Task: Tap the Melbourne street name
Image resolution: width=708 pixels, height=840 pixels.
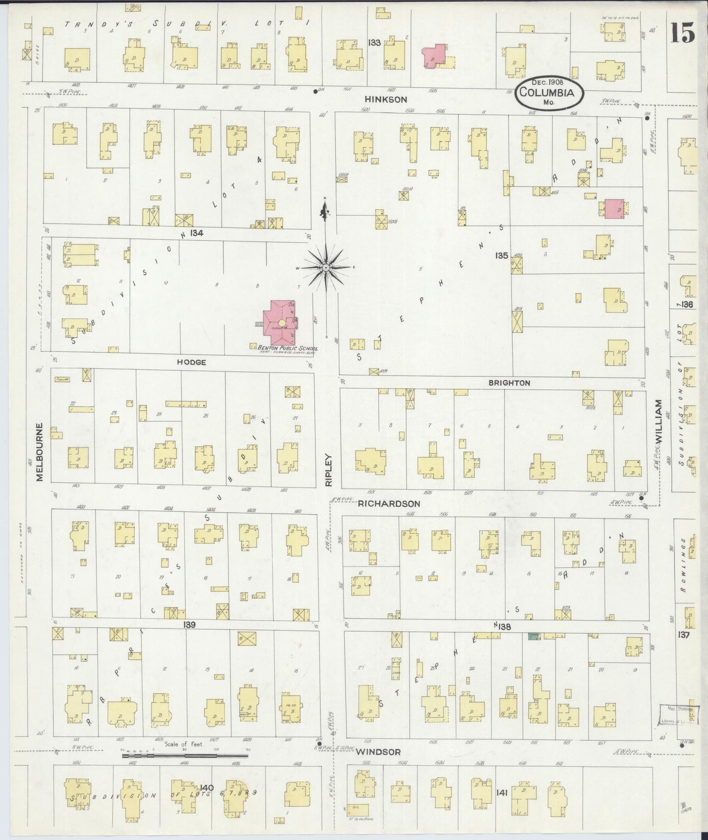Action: point(40,452)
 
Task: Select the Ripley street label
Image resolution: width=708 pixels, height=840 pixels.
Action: point(329,469)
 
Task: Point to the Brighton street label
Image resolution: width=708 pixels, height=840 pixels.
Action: point(509,383)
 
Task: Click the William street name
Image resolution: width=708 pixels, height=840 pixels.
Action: point(658,421)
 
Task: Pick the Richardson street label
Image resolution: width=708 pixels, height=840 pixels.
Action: point(389,503)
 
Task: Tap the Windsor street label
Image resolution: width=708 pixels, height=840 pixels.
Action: point(378,752)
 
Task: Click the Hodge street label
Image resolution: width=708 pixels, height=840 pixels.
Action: point(191,362)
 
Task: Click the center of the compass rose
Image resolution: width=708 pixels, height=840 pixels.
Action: point(325,268)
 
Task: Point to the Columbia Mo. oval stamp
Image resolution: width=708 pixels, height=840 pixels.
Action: point(548,92)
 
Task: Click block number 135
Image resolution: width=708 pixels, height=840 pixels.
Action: point(501,255)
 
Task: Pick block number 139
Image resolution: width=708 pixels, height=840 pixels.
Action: point(190,625)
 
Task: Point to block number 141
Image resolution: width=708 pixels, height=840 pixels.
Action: point(502,792)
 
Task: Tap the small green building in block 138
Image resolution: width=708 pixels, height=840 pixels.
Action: point(532,636)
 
